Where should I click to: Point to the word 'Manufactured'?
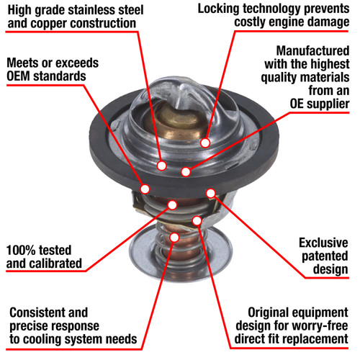tap(312, 51)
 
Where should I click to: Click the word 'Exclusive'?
tap(323, 243)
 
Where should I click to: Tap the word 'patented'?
tap(325, 256)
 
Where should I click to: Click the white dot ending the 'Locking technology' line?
tap(205, 143)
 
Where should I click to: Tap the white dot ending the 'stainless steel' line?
tap(162, 166)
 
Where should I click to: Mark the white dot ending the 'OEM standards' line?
tap(145, 189)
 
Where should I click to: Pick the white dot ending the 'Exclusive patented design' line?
tap(211, 193)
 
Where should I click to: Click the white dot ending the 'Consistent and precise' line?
tap(174, 237)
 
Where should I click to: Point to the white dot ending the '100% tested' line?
tap(172, 205)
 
